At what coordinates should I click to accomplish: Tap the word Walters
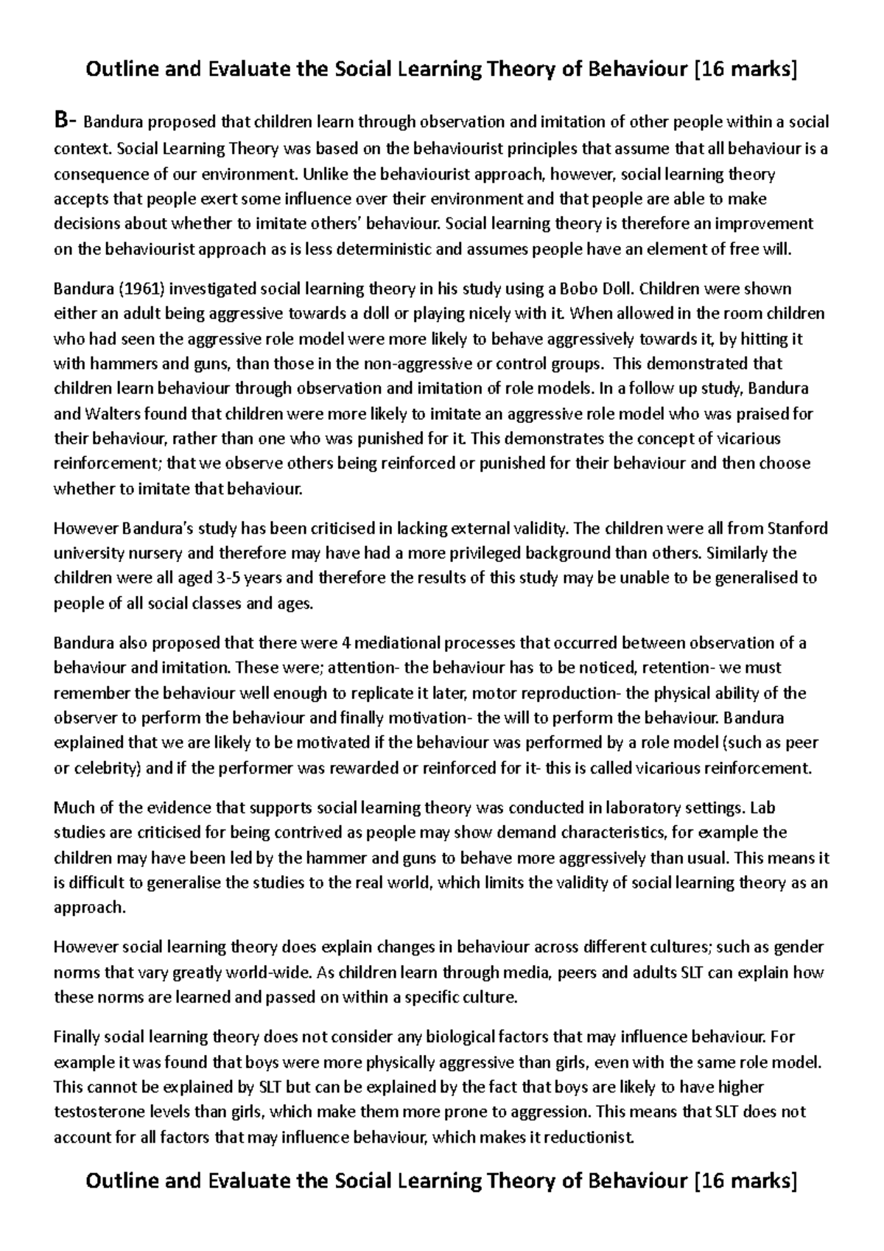point(108,413)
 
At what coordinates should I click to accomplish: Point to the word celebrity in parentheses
point(103,768)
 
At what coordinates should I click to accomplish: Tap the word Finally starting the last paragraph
point(75,1037)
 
